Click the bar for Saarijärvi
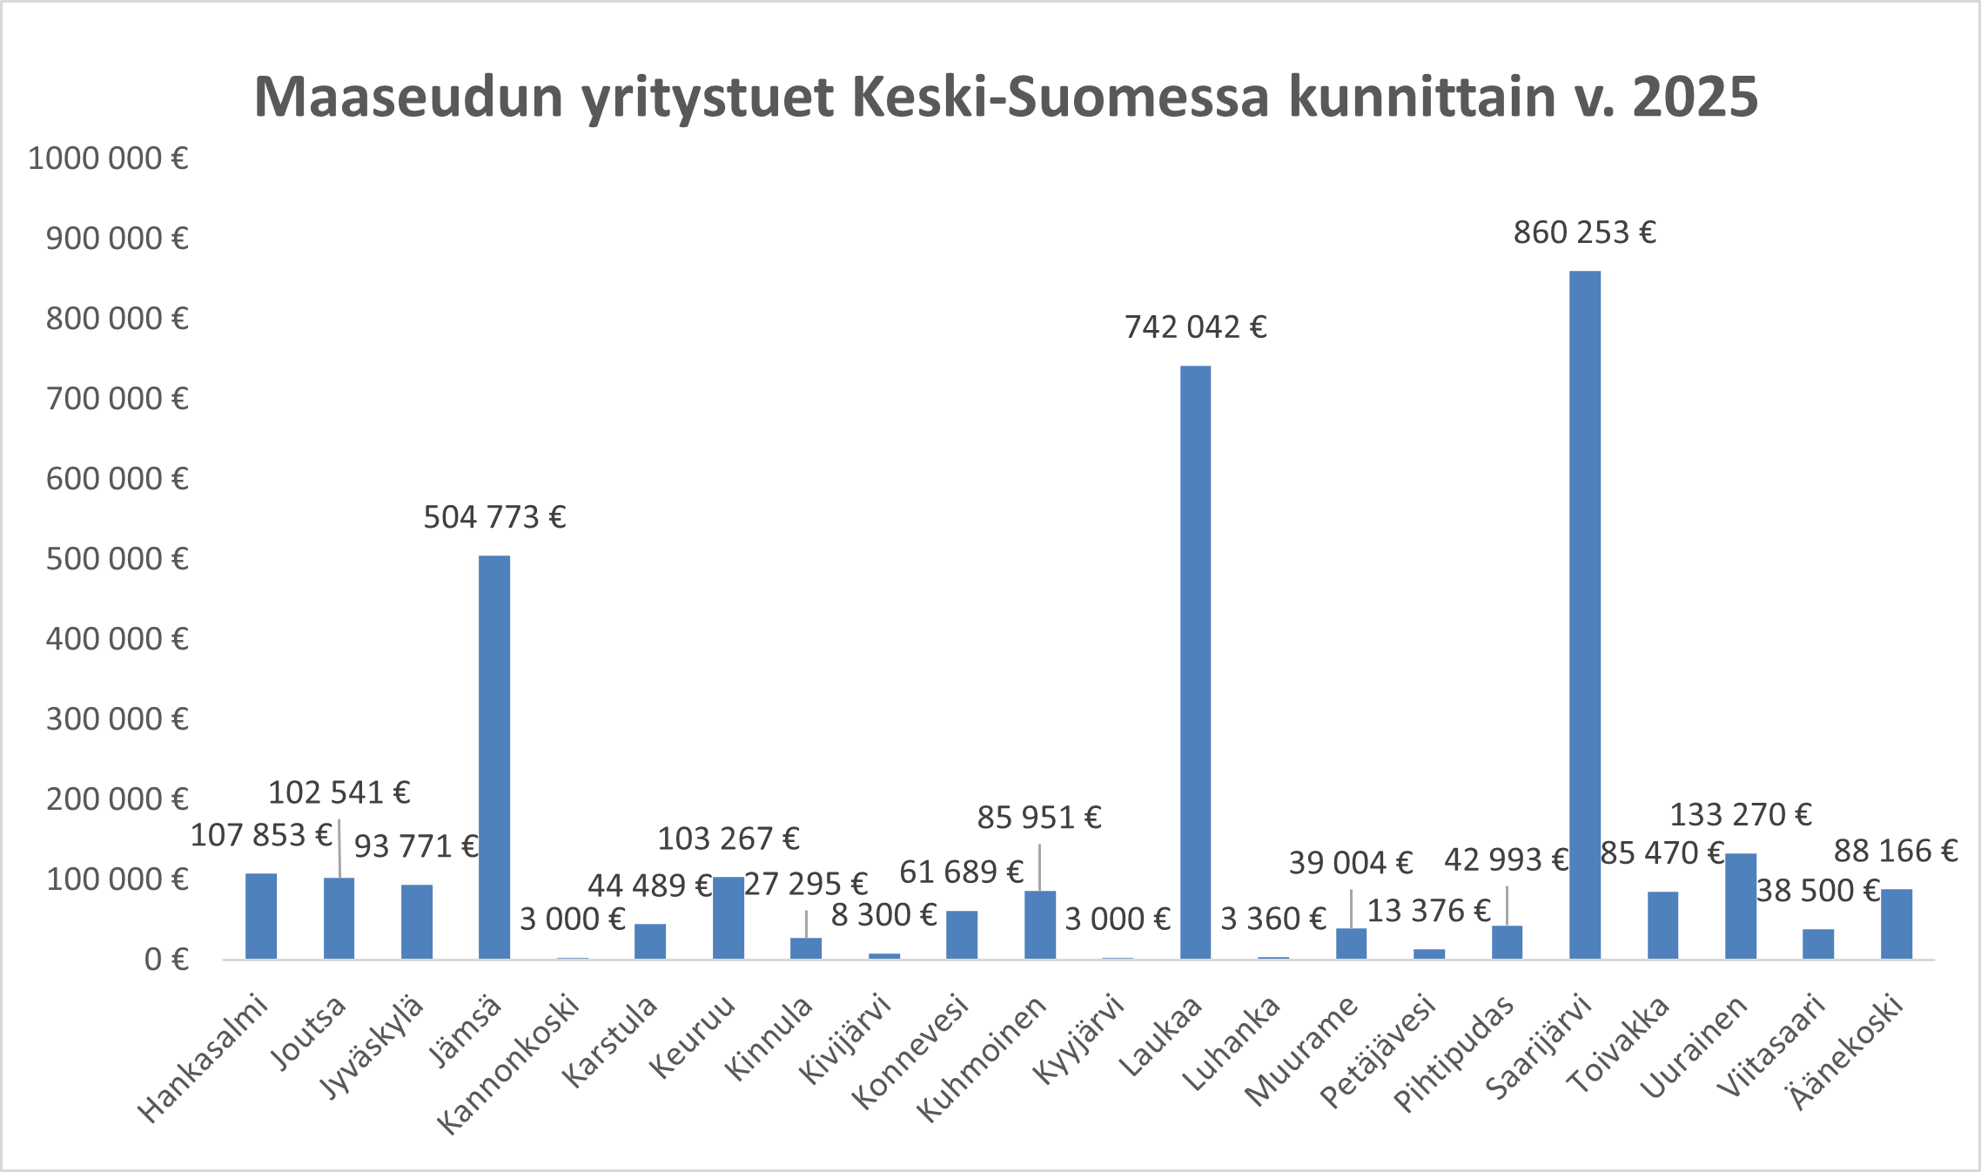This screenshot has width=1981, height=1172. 1584,615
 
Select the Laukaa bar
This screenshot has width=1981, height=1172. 1195,662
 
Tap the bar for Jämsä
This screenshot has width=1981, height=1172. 494,757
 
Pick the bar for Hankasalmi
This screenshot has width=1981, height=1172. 261,916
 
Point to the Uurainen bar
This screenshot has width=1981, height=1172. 1740,906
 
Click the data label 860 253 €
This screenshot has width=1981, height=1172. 1584,233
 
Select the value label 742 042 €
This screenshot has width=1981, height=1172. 1195,327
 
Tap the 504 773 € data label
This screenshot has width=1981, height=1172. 494,518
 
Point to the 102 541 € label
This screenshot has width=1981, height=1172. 339,793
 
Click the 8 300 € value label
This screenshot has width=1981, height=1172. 883,915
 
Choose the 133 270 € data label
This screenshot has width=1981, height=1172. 1740,815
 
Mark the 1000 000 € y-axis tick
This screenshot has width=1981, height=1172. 108,159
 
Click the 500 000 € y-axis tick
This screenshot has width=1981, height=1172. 117,559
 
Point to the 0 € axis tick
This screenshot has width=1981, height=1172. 166,960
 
